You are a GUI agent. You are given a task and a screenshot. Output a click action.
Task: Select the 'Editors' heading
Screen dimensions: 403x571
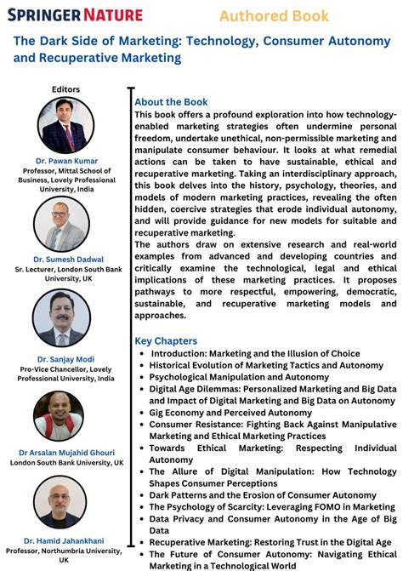coord(65,89)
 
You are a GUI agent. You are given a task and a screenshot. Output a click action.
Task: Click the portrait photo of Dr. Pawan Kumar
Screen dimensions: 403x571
coord(66,124)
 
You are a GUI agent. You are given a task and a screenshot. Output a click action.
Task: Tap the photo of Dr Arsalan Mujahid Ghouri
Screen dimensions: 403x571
coord(58,415)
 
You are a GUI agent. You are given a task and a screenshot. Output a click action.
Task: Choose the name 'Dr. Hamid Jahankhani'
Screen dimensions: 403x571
coord(65,540)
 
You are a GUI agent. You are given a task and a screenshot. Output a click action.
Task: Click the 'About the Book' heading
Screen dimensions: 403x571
coord(171,102)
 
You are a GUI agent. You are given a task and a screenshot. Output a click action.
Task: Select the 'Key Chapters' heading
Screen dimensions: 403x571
coord(166,341)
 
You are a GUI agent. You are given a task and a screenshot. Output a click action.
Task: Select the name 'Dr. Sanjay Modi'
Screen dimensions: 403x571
coord(66,359)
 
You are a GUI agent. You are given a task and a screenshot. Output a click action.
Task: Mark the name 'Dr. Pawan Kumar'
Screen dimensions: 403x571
coord(66,161)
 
